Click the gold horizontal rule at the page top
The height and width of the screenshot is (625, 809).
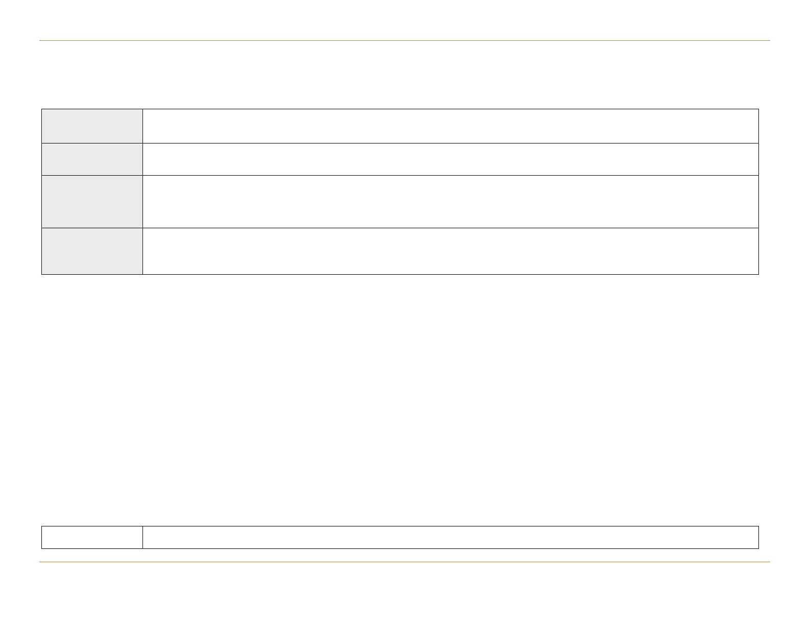[x=404, y=40]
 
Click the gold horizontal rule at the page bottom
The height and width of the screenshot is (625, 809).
[x=404, y=562]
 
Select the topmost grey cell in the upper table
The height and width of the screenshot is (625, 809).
[x=92, y=126]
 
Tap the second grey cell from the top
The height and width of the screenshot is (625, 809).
[x=92, y=159]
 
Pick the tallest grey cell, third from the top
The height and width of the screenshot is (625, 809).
[x=92, y=202]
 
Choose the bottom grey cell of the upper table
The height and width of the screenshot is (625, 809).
[x=92, y=251]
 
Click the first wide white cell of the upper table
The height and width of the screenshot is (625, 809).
[x=450, y=126]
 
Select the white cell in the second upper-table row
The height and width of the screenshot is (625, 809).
[x=450, y=159]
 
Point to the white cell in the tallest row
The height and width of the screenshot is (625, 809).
[x=450, y=202]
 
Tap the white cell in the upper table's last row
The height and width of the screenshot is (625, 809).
[x=450, y=251]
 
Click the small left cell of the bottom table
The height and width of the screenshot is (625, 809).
[x=92, y=537]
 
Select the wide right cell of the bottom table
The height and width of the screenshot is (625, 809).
[x=450, y=537]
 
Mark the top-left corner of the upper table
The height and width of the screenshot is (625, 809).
[x=42, y=109]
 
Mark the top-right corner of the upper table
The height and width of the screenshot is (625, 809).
[x=758, y=109]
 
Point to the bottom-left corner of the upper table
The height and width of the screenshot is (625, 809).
[x=42, y=274]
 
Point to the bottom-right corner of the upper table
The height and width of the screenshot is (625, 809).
[x=758, y=274]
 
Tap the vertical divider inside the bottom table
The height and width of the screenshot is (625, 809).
[x=142, y=537]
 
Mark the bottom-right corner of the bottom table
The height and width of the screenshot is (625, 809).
[x=758, y=548]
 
